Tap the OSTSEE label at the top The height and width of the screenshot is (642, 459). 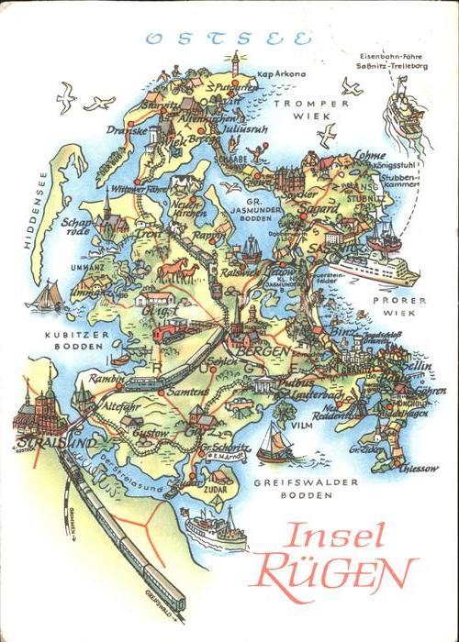coord(229,39)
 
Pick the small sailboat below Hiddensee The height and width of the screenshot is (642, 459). coord(45,295)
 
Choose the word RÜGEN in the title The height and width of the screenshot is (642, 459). coord(332,574)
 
